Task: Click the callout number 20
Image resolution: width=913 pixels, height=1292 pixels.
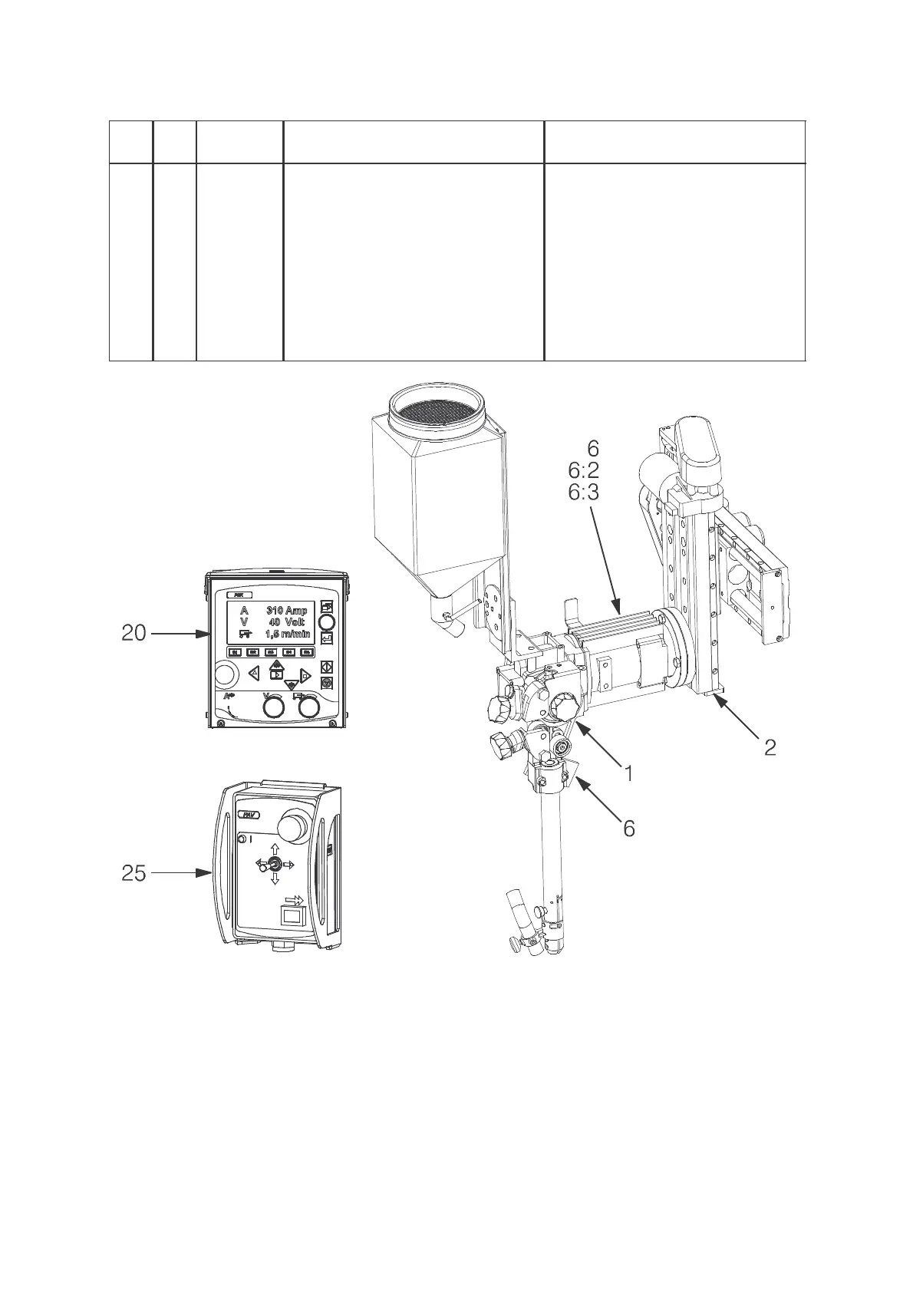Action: click(133, 634)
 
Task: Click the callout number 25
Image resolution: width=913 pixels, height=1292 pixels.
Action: click(133, 873)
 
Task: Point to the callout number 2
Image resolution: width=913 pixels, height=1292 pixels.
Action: click(770, 747)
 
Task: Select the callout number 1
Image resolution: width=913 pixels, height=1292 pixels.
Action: click(628, 773)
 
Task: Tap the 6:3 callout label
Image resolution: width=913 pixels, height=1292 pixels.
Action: click(583, 492)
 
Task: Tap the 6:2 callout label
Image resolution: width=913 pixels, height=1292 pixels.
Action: click(583, 470)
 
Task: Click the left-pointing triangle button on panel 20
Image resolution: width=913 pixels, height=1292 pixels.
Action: click(253, 674)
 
